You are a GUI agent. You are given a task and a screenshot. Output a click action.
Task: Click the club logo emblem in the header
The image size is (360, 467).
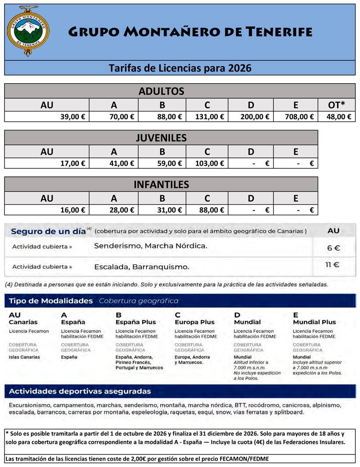click(x=28, y=32)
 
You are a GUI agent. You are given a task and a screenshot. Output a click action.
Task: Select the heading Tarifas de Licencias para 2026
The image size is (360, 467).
click(x=180, y=68)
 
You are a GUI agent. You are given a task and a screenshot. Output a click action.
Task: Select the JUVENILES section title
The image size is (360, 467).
click(x=161, y=138)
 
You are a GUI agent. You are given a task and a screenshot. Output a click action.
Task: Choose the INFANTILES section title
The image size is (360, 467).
click(x=161, y=184)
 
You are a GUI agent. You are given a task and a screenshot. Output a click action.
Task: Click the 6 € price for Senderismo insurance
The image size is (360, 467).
click(x=333, y=247)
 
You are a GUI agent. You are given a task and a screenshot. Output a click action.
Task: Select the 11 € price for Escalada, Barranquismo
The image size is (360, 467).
click(x=333, y=265)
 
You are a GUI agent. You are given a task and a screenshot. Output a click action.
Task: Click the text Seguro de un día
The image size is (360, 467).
click(x=48, y=231)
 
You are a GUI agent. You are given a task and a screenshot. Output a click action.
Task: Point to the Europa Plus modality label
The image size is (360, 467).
click(x=194, y=322)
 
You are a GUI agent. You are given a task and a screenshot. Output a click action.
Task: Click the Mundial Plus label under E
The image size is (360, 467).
click(x=314, y=322)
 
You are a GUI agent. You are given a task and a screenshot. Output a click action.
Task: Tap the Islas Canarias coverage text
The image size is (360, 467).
click(x=24, y=357)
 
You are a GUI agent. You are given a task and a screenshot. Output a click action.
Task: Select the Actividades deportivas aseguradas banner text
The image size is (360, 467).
click(x=80, y=391)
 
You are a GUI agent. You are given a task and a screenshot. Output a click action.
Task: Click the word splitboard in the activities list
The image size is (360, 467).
click(x=288, y=412)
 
